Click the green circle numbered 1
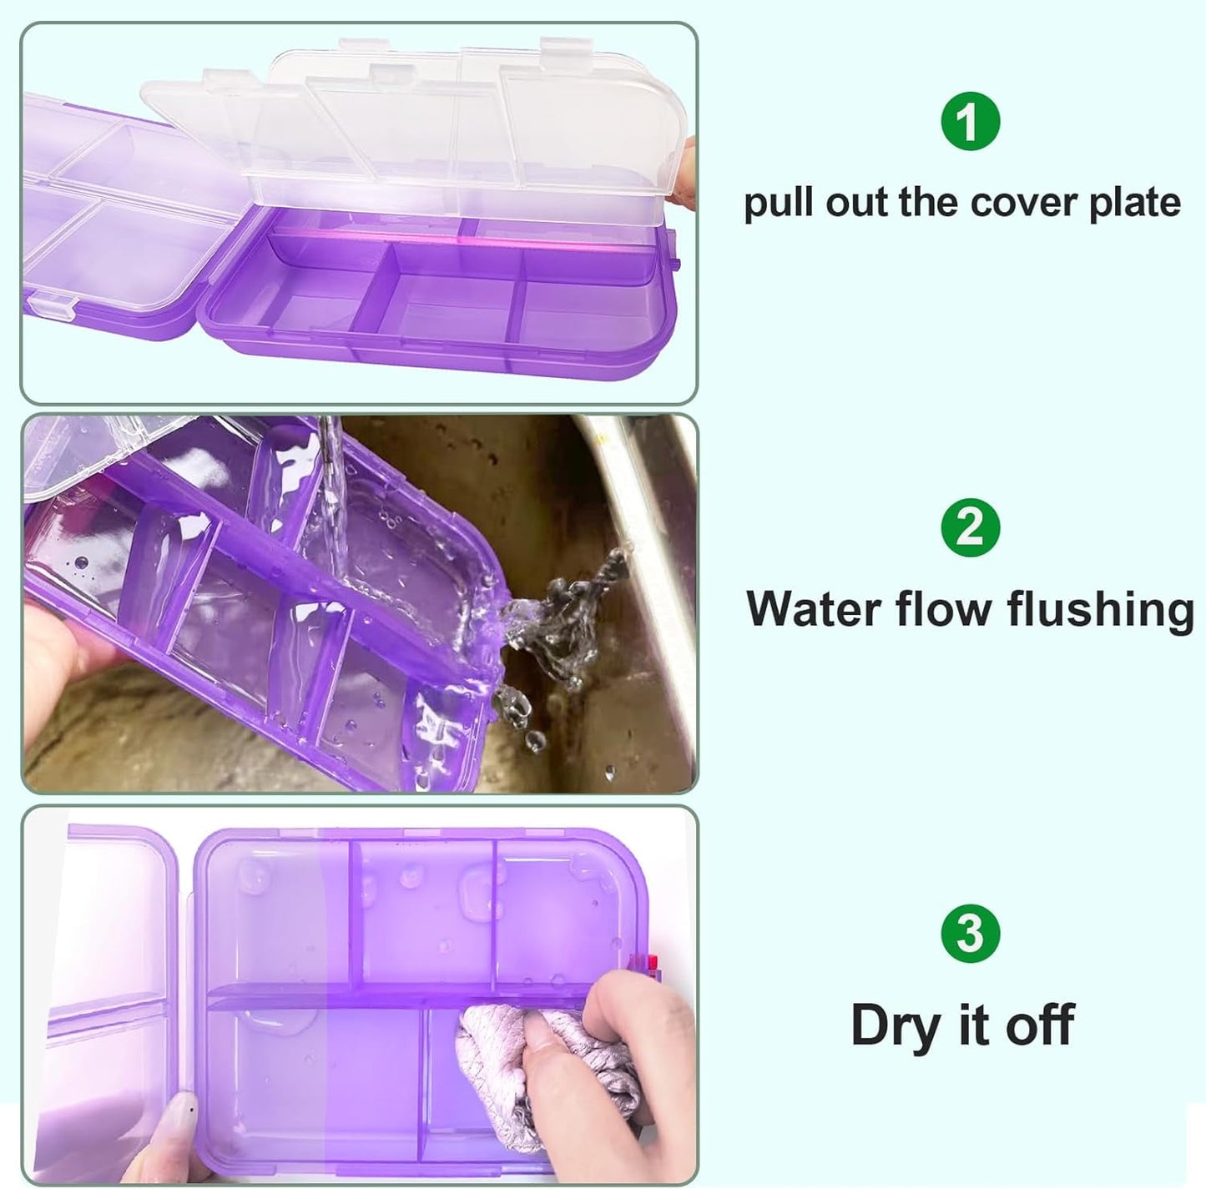(970, 122)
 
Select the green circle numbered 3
(970, 933)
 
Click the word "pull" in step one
(780, 204)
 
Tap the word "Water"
(815, 608)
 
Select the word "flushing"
(1100, 609)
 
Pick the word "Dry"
(895, 1025)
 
